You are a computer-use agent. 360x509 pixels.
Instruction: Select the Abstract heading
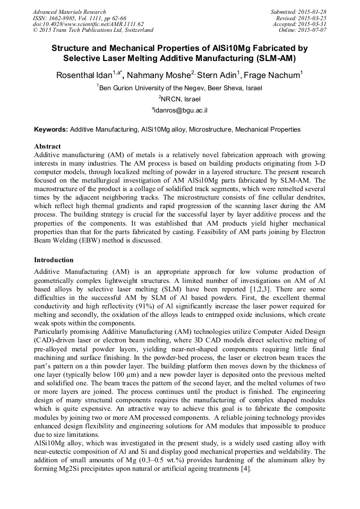point(47,146)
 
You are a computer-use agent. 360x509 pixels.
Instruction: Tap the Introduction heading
point(54,260)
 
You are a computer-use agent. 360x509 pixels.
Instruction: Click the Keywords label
point(51,129)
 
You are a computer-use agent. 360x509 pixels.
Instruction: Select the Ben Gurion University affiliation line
point(181,88)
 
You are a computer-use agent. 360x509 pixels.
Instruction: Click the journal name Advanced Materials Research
point(70,12)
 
